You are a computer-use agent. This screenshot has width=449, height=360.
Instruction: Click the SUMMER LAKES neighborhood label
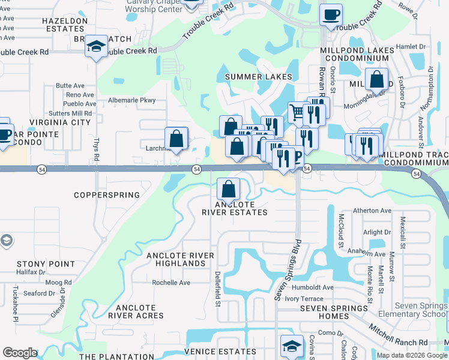(258, 77)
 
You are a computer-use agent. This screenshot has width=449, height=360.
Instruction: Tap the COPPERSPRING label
(106, 195)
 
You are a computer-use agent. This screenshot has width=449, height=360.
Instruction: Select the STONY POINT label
(46, 264)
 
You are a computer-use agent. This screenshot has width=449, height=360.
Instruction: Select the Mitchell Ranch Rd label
(398, 335)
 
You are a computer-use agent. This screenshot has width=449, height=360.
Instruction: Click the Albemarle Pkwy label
(131, 100)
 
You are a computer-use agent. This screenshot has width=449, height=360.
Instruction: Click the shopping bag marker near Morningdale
(376, 79)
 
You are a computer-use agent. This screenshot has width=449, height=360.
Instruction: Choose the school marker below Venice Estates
(291, 346)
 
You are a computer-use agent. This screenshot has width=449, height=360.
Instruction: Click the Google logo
(20, 353)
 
